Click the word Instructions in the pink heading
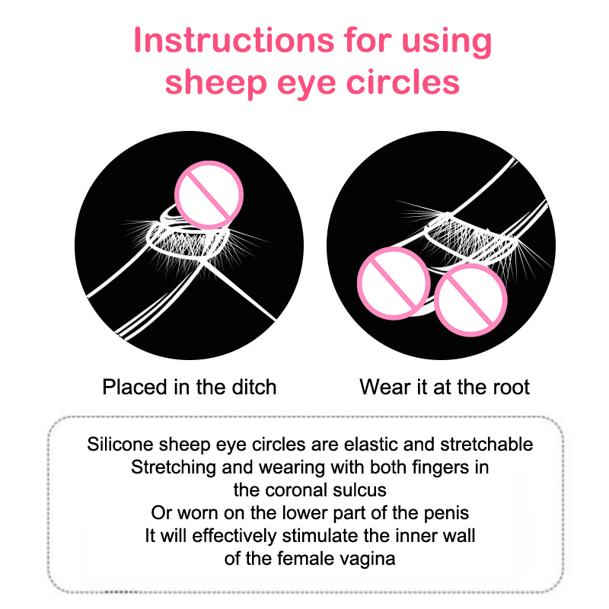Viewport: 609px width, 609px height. (x=234, y=40)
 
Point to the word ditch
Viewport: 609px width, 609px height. (x=254, y=387)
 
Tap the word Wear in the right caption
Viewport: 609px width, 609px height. (x=385, y=387)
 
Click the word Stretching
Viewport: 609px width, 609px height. (x=174, y=467)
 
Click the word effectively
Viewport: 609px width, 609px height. (x=234, y=536)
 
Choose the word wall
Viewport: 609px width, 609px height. (x=459, y=536)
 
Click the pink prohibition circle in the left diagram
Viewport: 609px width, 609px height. (x=209, y=195)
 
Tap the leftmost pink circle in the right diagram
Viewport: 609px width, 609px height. (x=394, y=283)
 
